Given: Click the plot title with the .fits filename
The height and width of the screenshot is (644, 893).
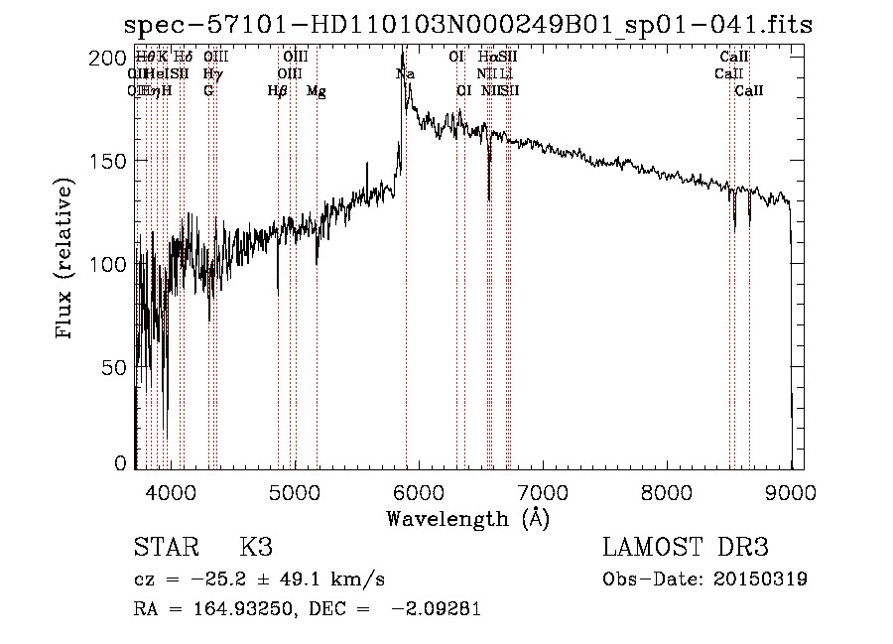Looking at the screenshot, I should (466, 25).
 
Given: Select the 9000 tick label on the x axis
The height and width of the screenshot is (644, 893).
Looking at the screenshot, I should (791, 490).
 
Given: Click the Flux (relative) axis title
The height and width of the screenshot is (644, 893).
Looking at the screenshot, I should (65, 260).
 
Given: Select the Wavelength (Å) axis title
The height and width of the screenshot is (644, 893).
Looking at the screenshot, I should (467, 518).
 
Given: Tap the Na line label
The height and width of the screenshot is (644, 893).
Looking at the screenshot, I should (405, 74).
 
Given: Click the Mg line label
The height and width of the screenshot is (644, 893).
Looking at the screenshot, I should (317, 91).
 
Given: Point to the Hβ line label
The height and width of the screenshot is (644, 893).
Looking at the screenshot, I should (278, 91).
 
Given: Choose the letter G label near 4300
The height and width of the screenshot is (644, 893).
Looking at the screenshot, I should (208, 91).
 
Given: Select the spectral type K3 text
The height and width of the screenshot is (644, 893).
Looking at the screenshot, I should (256, 549).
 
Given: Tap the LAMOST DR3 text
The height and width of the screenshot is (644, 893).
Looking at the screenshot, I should (686, 549).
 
